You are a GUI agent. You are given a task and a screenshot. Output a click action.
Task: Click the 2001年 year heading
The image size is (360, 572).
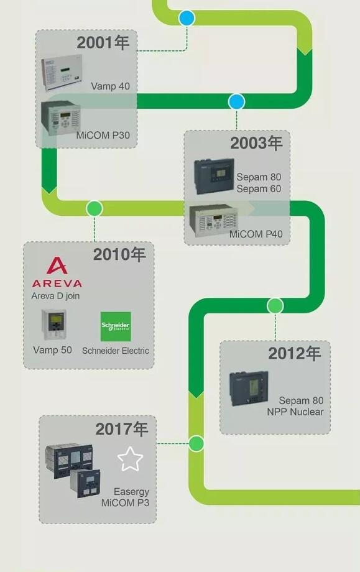point(103,42)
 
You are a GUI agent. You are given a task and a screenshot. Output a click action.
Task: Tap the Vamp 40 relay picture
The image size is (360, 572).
point(62,72)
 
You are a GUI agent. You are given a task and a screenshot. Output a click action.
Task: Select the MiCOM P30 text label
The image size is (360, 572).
point(103,136)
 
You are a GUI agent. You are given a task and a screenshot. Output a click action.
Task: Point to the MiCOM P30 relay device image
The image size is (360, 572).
point(60,118)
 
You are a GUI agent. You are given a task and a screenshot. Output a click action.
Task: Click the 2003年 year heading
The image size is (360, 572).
point(256,143)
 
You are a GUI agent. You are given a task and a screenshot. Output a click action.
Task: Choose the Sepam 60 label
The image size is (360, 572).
point(259,188)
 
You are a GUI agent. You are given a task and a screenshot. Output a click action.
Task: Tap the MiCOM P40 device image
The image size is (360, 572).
point(214,220)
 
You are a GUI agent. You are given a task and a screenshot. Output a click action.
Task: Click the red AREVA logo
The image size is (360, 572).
point(57,272)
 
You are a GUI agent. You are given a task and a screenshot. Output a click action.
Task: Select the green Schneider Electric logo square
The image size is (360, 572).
point(116,326)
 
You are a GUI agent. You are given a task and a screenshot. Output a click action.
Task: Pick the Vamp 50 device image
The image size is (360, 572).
point(53,325)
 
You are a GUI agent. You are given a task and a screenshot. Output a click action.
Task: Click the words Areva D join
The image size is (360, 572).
point(55,295)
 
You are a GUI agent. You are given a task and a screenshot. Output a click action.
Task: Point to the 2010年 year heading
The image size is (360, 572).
point(119,254)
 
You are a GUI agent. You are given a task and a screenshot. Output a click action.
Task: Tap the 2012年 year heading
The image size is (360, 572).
point(294,353)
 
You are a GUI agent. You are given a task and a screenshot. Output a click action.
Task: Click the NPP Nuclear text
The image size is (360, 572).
point(295,412)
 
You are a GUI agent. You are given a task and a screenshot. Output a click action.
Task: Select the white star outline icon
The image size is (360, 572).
point(130,459)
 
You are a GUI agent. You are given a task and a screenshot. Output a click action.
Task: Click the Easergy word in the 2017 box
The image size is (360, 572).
point(131,492)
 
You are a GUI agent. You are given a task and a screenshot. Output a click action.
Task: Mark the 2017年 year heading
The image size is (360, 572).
point(122,429)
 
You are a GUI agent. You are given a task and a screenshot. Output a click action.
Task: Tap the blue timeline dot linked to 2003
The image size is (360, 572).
point(236,102)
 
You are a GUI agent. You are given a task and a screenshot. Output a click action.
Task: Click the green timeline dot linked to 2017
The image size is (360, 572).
point(196,443)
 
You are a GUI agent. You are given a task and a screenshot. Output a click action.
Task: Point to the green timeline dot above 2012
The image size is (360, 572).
point(275,306)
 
